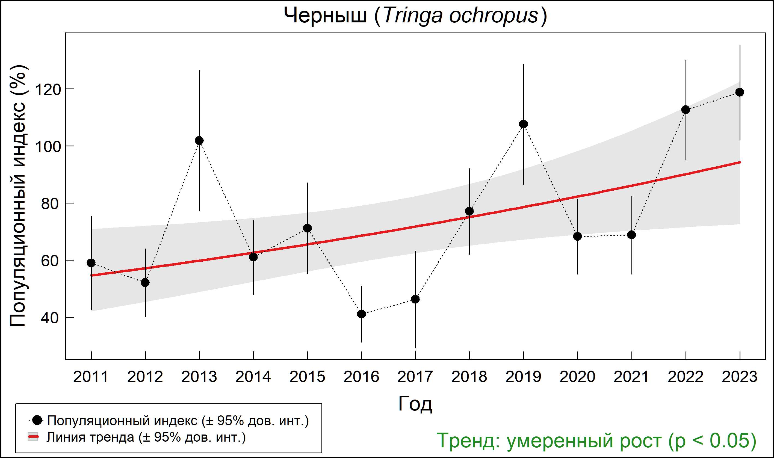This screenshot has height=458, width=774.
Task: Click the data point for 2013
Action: pos(199,141)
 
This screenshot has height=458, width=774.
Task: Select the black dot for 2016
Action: pos(361,314)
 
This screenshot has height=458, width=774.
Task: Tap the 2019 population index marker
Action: pos(523,124)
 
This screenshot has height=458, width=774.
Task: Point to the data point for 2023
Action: pos(740,92)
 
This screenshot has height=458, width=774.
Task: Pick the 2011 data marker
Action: pos(91,263)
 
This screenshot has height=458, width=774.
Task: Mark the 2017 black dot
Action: pos(415,299)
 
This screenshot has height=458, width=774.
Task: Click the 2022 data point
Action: pos(686,110)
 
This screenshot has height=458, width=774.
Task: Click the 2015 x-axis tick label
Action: pos(307,377)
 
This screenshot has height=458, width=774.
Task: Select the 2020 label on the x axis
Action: pos(577,377)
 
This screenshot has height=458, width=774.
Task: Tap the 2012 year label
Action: pos(145,377)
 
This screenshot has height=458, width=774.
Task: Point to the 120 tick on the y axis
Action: pos(48,90)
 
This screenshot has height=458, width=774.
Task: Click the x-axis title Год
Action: pos(415,404)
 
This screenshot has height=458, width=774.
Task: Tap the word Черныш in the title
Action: pos(325,16)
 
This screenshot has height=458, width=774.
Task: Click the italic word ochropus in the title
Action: pos(494,16)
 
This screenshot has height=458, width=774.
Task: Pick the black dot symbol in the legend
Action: pos(37,420)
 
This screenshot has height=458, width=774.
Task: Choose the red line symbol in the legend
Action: pos(33,437)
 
